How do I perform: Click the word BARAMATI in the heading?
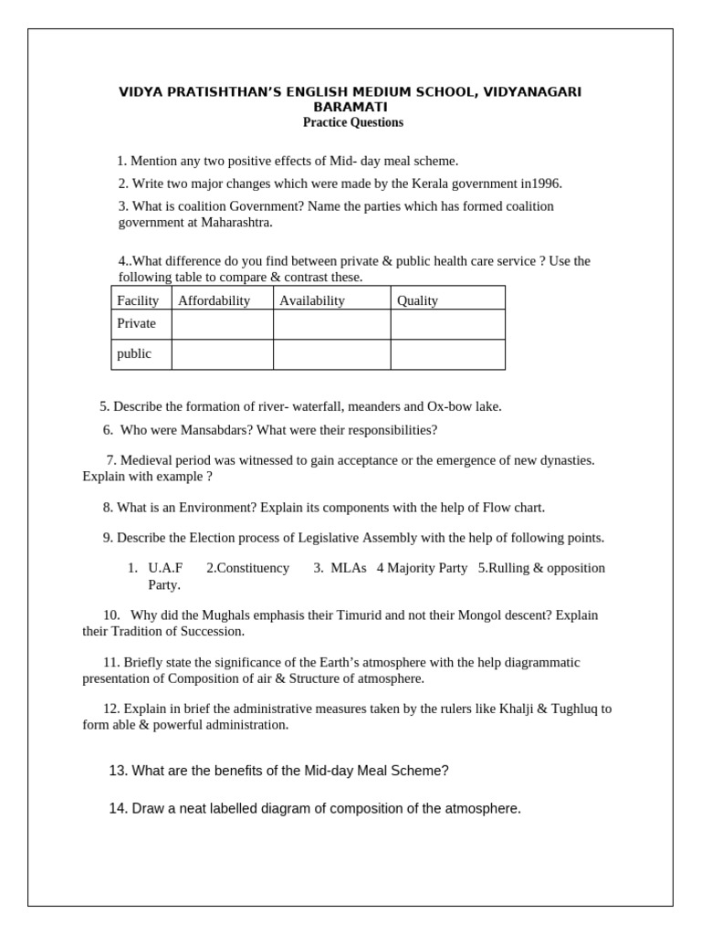350,107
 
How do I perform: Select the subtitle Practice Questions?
352,122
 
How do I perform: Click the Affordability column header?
214,300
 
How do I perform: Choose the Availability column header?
312,300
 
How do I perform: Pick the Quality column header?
417,300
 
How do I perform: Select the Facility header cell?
138,300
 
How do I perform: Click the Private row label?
136,323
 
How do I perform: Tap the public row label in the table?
134,353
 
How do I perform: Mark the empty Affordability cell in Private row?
222,324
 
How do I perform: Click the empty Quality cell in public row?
447,354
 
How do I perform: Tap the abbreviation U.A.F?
165,568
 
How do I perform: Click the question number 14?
118,808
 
